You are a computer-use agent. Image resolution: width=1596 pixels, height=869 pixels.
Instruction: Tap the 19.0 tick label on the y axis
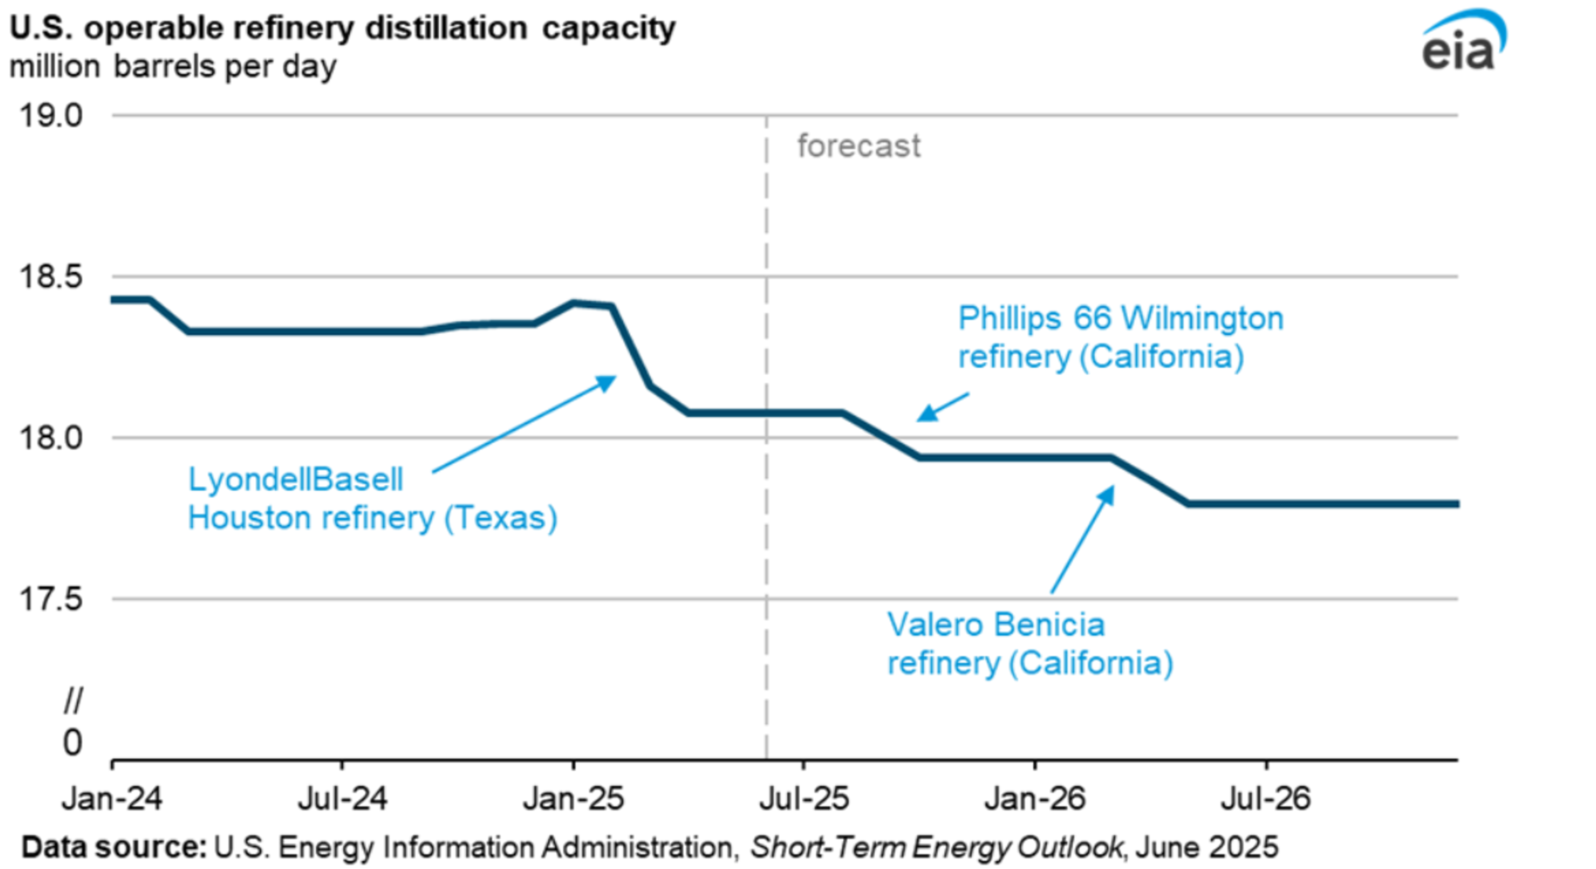pos(51,116)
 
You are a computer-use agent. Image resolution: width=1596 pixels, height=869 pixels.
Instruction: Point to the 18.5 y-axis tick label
pos(51,276)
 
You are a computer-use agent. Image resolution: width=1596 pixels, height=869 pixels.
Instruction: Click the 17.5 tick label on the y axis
pos(51,599)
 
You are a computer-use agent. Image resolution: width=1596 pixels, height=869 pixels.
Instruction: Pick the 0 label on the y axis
pos(72,742)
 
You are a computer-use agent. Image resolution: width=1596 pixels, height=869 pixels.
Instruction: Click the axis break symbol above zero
pos(73,701)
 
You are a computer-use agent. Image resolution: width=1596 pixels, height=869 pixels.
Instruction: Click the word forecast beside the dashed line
pos(859,146)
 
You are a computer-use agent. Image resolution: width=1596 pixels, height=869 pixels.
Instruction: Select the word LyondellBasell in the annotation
pos(296,480)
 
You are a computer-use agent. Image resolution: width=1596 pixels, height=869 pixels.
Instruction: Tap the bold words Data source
pos(114,847)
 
